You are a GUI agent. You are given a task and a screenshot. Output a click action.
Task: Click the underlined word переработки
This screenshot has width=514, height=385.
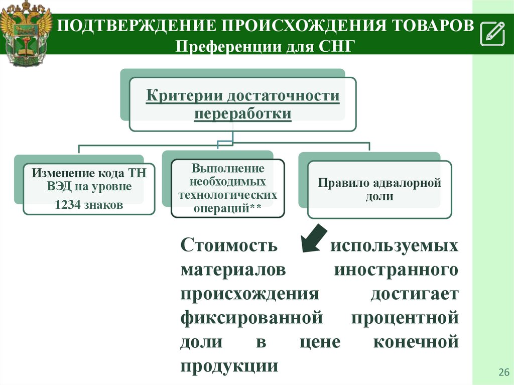pyautogui.click(x=243, y=113)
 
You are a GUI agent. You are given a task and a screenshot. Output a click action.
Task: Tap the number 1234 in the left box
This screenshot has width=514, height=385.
pyautogui.click(x=67, y=205)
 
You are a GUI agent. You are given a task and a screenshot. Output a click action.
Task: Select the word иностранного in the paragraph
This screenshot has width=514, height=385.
pyautogui.click(x=396, y=270)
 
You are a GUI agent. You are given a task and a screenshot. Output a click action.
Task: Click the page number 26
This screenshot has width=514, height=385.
pyautogui.click(x=503, y=372)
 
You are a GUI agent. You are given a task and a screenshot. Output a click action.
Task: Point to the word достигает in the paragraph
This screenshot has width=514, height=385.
pyautogui.click(x=415, y=294)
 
